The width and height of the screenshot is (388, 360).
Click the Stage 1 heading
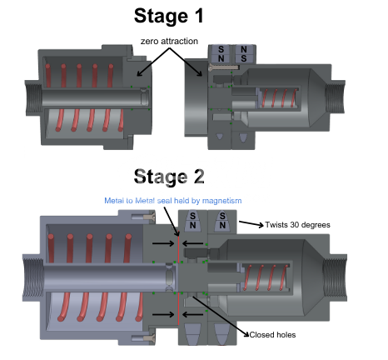pyautogui.click(x=169, y=16)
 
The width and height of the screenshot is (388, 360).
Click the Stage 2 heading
pyautogui.click(x=169, y=177)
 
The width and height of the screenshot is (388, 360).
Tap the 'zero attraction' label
pyautogui.click(x=169, y=41)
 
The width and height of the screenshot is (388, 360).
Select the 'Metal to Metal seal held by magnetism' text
pyautogui.click(x=173, y=201)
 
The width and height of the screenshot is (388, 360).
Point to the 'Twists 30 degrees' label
pyautogui.click(x=297, y=225)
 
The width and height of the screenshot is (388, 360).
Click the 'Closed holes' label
pyautogui.click(x=272, y=335)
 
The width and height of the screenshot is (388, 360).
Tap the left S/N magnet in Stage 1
pyautogui.click(x=221, y=54)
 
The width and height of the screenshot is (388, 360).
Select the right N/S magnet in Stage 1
pyautogui.click(x=244, y=54)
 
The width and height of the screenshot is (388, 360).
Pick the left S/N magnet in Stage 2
pyautogui.click(x=192, y=221)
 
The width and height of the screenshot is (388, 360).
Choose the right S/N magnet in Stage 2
pyautogui.click(x=222, y=221)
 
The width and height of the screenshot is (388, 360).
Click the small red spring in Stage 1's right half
pyautogui.click(x=279, y=98)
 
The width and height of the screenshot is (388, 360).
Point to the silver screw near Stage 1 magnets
pyautogui.click(x=223, y=67)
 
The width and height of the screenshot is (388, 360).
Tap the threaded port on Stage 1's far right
pyautogui.click(x=336, y=97)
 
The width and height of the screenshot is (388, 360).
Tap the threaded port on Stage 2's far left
pyautogui.click(x=33, y=277)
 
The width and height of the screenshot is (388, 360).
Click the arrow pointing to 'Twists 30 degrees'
pyautogui.click(x=251, y=223)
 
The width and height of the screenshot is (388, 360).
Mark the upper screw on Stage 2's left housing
pyautogui.click(x=143, y=216)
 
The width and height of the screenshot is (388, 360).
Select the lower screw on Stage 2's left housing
pyautogui.click(x=143, y=337)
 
